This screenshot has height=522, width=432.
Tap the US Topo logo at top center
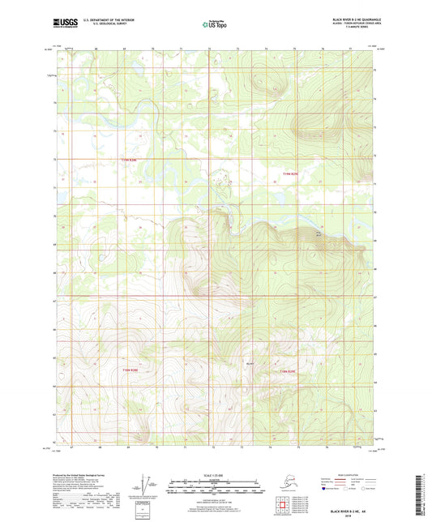click(x=215, y=26)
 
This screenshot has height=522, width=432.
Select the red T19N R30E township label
click(x=291, y=174)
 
